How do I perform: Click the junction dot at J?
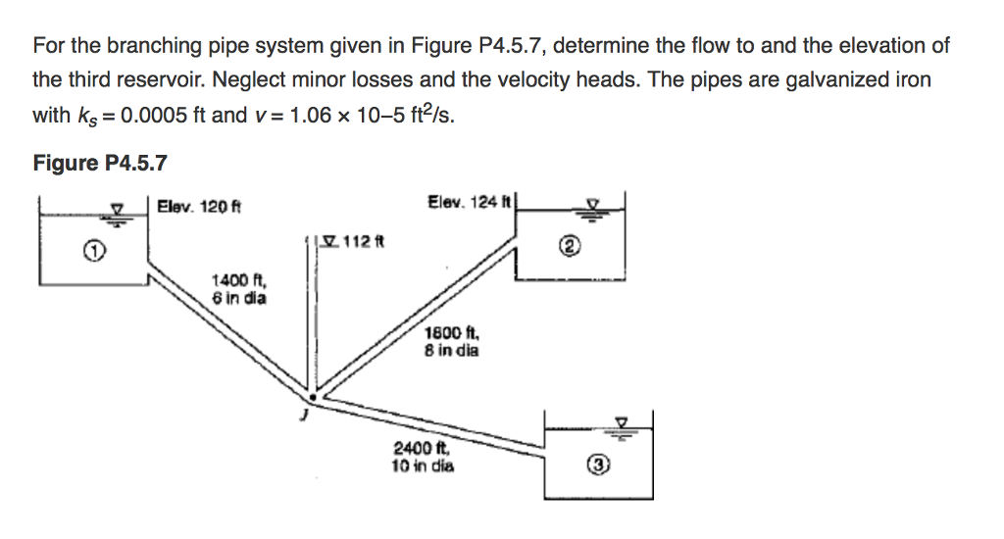click(x=313, y=397)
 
